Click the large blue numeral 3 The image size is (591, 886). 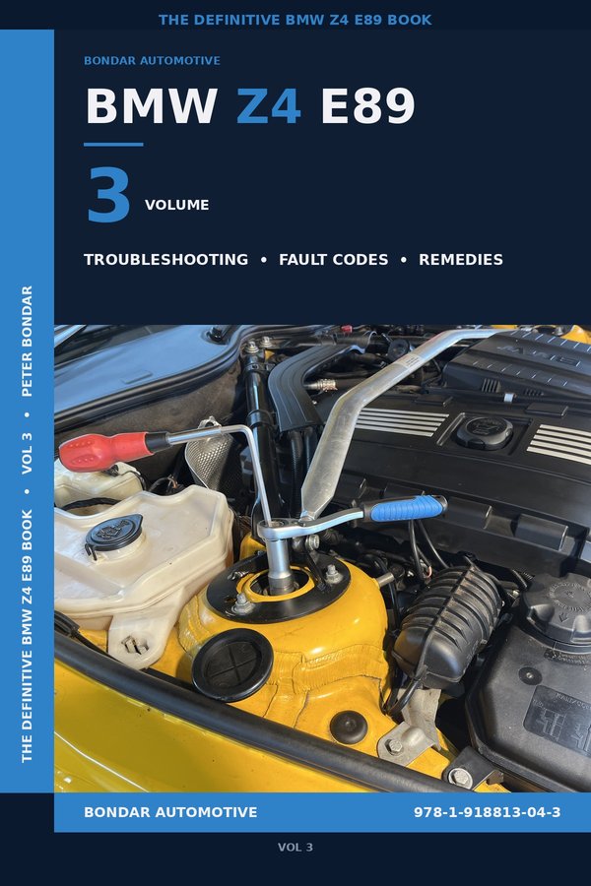(108, 196)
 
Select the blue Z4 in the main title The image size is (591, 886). (268, 107)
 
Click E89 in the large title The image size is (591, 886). (367, 107)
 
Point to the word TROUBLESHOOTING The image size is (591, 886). (165, 260)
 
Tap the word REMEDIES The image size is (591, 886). (461, 260)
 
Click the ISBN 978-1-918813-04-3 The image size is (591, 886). (488, 812)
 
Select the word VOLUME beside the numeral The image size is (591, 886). (177, 206)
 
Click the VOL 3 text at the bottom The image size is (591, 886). (295, 847)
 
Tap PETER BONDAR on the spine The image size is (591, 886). (27, 341)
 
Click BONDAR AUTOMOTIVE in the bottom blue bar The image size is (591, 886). (170, 812)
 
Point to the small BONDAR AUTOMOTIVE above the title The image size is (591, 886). (152, 61)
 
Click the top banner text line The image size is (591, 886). (295, 20)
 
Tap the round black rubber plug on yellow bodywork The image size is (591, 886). (231, 664)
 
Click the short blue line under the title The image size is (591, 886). (113, 145)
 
